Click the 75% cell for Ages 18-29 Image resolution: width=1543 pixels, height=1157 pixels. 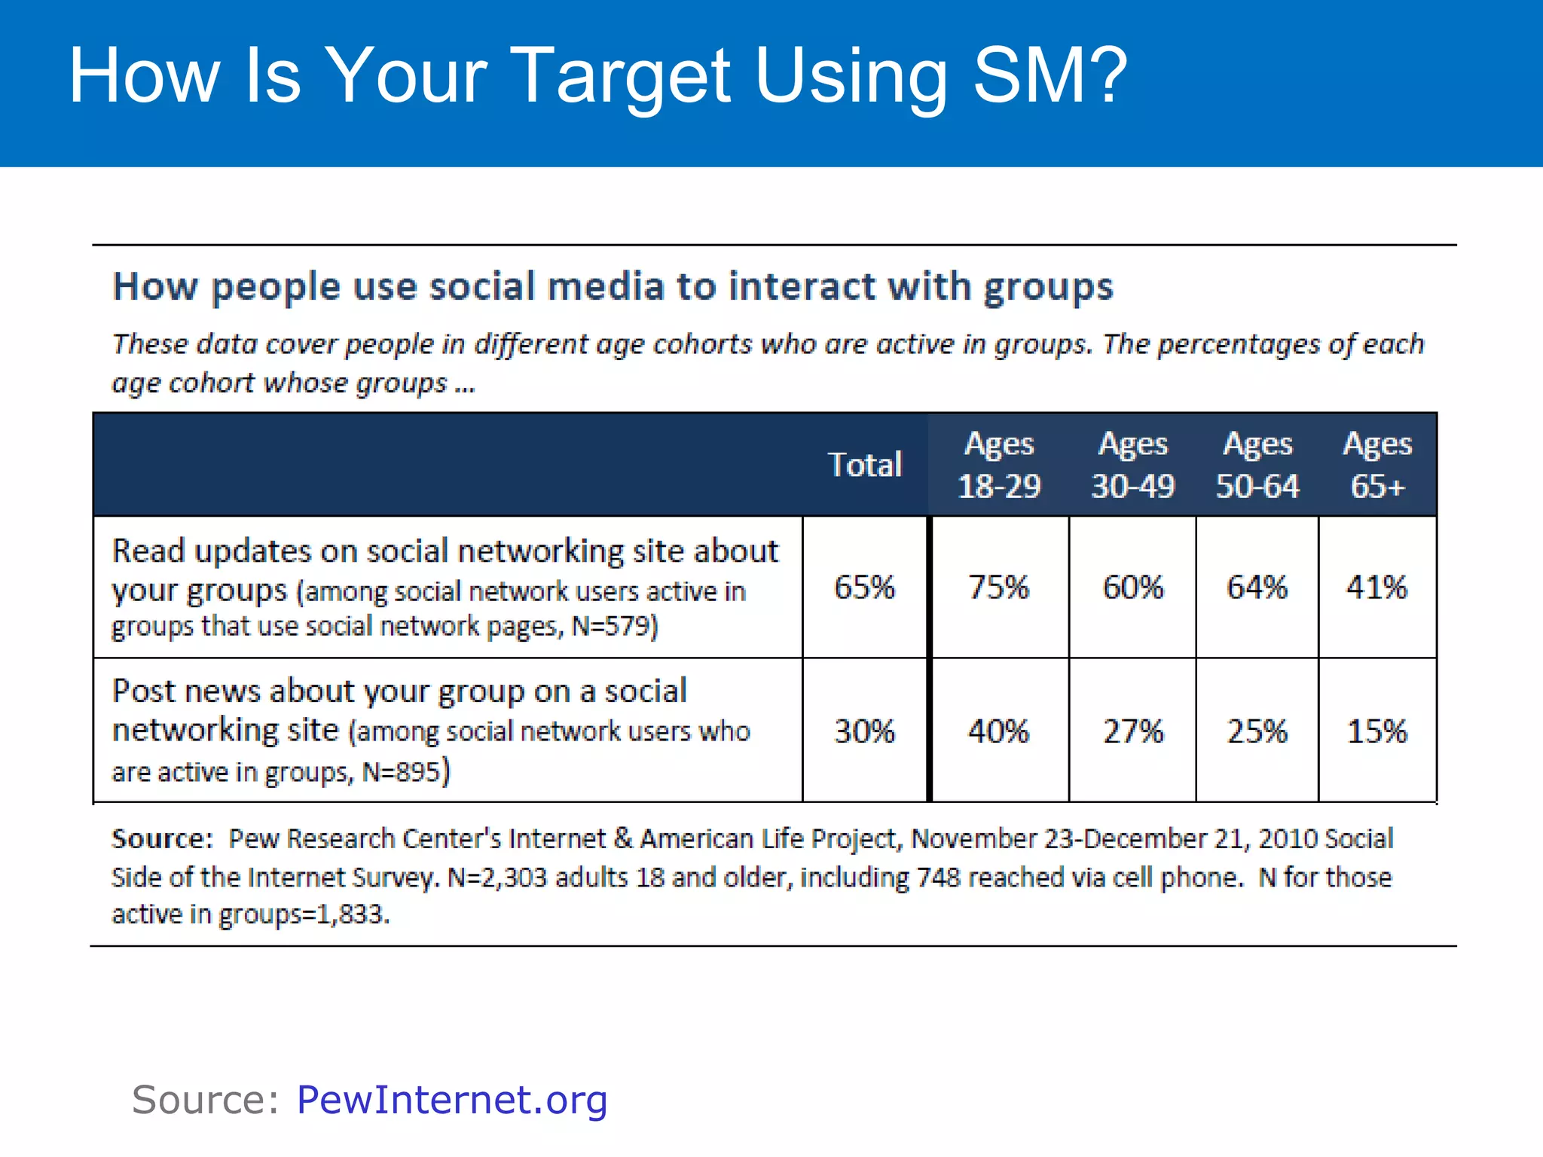tap(998, 587)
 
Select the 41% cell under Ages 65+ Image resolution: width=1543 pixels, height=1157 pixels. tap(1376, 587)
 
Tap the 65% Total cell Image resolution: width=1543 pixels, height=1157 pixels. tap(864, 587)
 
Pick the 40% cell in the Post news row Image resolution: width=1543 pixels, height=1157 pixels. tap(998, 731)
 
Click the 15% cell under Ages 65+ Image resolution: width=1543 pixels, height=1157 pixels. tap(1376, 731)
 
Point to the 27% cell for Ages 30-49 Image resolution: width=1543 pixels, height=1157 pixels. tap(1132, 731)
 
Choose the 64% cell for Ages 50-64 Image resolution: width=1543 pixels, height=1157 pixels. tap(1257, 587)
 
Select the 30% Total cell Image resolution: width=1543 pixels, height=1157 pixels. tap(864, 731)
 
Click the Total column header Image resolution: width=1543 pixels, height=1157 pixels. tap(864, 465)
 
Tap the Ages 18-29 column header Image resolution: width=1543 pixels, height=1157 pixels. tap(998, 465)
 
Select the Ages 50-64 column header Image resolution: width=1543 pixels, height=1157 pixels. tap(1257, 465)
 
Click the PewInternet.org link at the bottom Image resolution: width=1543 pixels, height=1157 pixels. tap(451, 1099)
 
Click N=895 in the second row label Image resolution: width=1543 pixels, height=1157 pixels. tap(401, 772)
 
